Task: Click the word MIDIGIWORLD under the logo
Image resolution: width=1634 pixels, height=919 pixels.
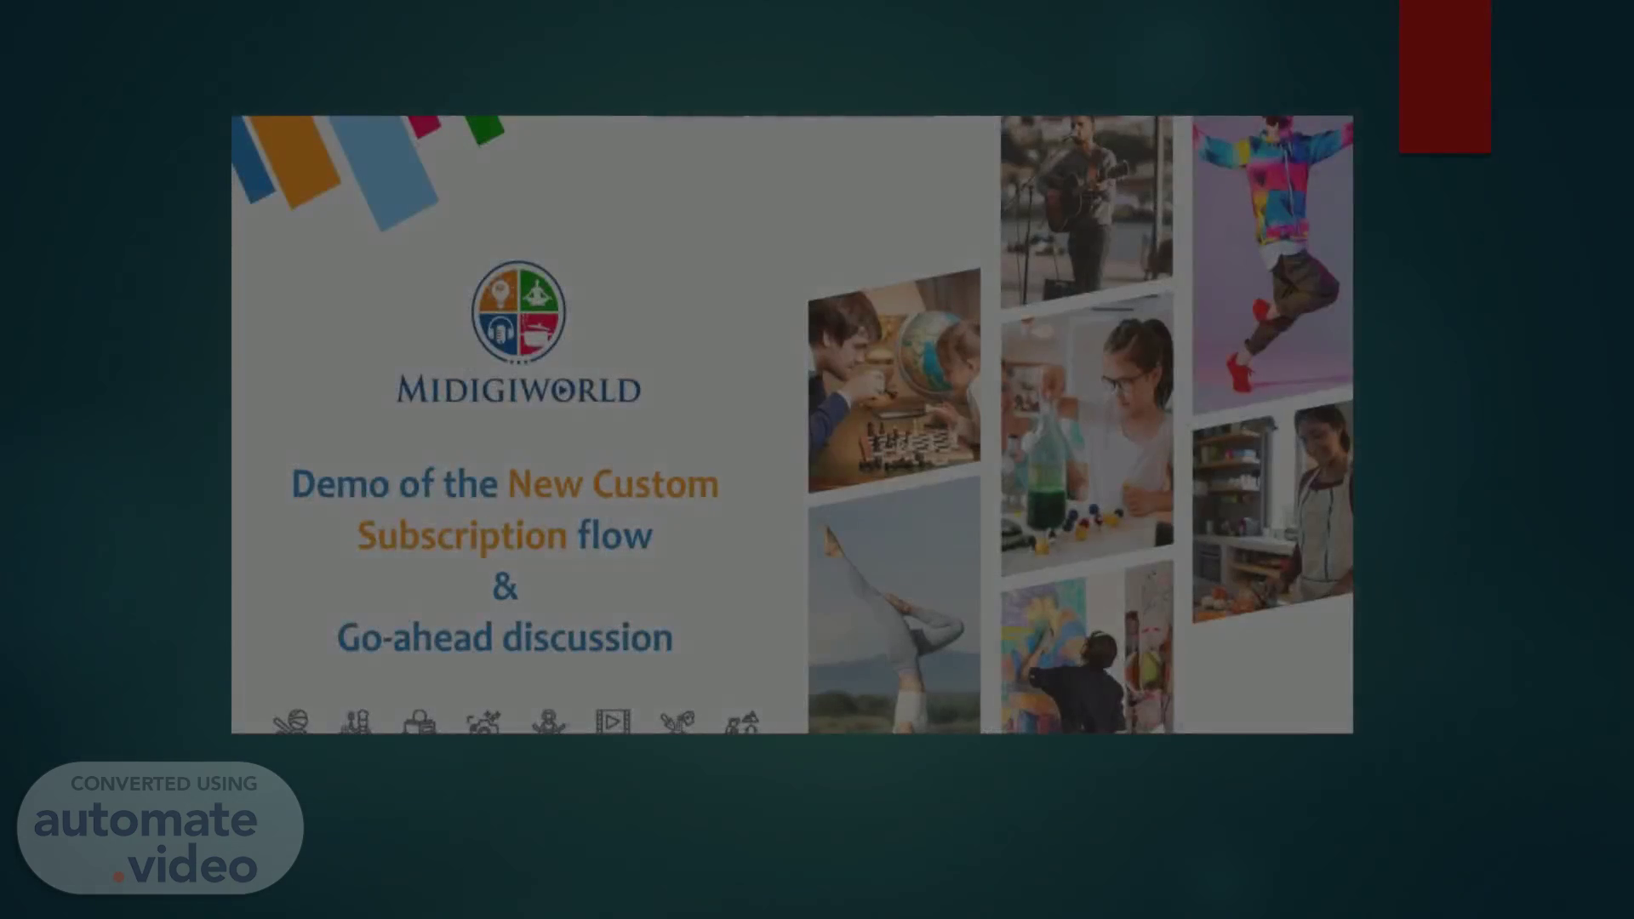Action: point(518,390)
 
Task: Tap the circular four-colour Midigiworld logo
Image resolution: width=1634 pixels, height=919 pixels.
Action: point(518,311)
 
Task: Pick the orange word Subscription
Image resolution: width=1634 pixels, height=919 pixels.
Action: point(462,537)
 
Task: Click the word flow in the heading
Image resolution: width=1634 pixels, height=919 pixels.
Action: point(614,535)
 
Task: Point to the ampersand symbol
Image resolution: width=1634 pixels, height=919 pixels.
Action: point(505,586)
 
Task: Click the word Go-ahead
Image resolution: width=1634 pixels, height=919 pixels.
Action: point(414,637)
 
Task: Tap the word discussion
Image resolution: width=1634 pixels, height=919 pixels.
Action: point(587,637)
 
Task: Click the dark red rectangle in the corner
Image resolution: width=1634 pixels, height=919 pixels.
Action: point(1444,77)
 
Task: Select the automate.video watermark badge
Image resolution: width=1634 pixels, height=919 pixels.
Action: point(160,827)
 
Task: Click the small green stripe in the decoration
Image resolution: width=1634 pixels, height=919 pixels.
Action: point(484,128)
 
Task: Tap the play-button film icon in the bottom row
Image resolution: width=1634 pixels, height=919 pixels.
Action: point(613,722)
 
